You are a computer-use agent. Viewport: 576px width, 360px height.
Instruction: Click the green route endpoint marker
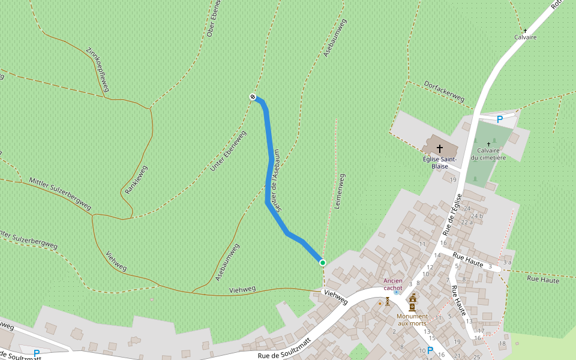pos(322,262)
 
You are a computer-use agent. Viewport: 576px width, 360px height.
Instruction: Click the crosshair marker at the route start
pos(253,97)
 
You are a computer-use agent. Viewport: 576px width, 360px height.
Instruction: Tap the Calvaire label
pos(525,37)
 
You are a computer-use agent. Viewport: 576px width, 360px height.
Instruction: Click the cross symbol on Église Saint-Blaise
pos(440,148)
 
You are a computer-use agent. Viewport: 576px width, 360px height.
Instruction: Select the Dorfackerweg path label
pos(445,91)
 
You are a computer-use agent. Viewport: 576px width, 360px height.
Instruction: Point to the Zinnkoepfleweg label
pos(98,70)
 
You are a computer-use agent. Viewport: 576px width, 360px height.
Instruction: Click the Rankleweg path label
pos(136,179)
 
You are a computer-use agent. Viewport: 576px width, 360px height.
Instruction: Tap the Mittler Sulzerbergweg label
pos(60,194)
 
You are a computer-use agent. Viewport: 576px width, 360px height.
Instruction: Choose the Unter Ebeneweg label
pos(229,151)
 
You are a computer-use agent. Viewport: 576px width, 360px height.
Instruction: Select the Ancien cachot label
pos(393,284)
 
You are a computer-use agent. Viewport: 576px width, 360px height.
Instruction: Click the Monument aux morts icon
pos(413,302)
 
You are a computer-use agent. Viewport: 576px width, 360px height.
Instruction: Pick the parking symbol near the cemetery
pos(499,119)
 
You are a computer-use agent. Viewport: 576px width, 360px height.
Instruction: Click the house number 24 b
pos(477,216)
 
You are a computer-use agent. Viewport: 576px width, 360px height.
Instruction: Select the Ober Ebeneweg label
pos(214,19)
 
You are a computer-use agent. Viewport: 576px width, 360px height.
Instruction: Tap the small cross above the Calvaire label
pos(525,31)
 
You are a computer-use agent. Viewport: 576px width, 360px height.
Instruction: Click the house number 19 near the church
pos(453,179)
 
